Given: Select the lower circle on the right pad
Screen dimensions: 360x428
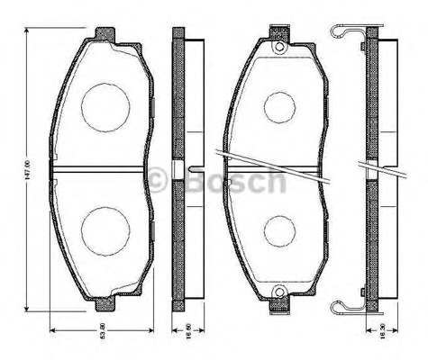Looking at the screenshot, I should tap(280, 230).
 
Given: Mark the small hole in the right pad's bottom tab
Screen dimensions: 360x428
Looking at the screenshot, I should tap(280, 292).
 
